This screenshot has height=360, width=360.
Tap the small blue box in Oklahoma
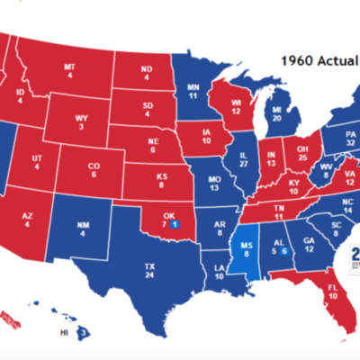pyautogui.click(x=175, y=223)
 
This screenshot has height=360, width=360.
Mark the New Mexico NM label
pyautogui.click(x=83, y=229)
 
